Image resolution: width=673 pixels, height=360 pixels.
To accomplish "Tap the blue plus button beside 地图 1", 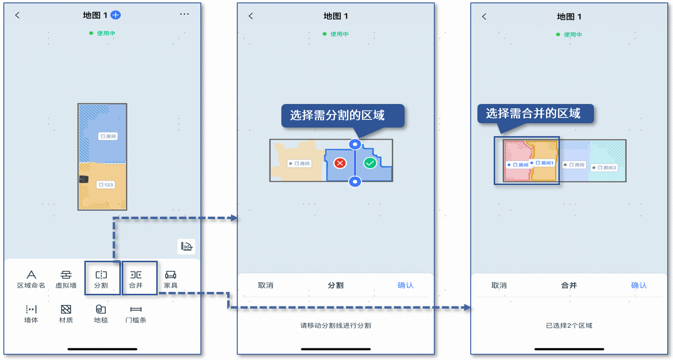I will tap(116, 15).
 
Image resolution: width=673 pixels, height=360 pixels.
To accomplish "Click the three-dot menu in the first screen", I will tap(185, 14).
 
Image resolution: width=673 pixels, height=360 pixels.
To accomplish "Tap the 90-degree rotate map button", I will tap(186, 247).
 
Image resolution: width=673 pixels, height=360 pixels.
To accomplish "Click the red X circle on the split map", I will tap(340, 163).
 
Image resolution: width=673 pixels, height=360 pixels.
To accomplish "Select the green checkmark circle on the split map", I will tap(370, 163).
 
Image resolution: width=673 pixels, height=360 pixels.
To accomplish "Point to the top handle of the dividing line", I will tap(355, 144).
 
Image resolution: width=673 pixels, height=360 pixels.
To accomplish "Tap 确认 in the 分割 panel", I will tap(406, 285).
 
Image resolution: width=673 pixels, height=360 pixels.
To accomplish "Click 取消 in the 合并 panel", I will tap(499, 285).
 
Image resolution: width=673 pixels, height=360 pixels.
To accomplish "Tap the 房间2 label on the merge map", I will tap(604, 168).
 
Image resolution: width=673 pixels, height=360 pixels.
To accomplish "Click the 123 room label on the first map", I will tap(105, 185).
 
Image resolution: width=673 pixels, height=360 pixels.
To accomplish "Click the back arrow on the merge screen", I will tap(484, 16).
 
